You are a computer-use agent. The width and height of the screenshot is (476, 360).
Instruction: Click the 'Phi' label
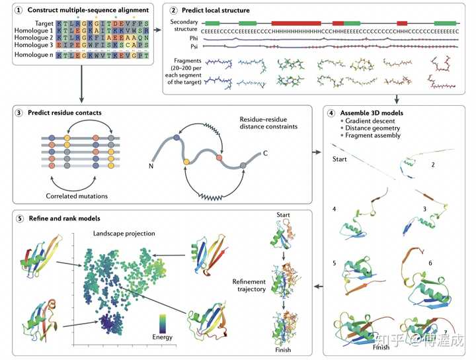[194, 38]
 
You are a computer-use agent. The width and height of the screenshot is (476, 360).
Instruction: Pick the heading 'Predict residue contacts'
[64, 112]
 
